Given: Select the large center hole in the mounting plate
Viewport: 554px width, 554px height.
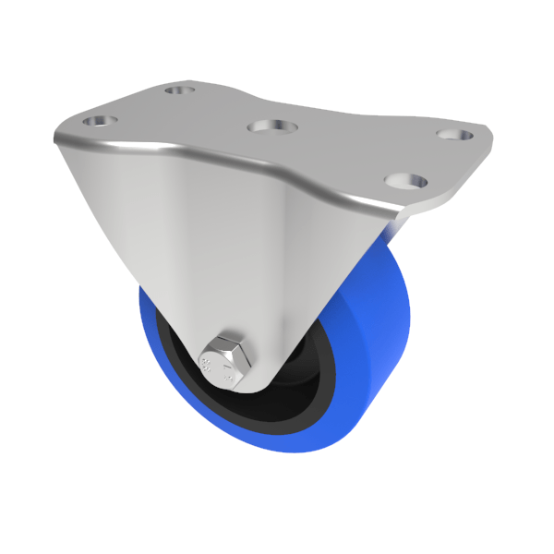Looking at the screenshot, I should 271,126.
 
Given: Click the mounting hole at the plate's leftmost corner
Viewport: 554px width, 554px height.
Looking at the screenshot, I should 97,122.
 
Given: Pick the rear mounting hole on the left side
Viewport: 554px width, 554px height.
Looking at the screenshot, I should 178,90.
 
